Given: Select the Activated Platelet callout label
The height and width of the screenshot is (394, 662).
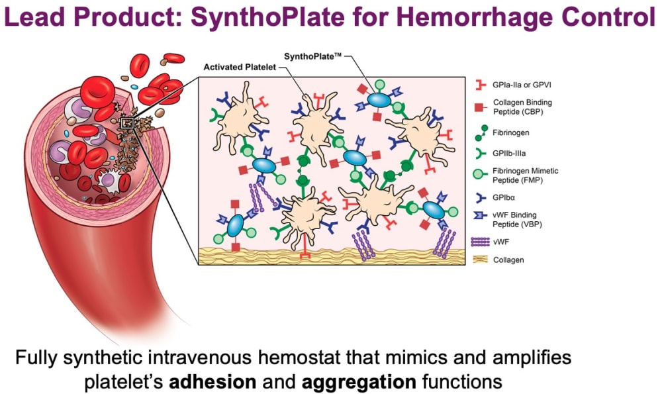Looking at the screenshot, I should [235, 66].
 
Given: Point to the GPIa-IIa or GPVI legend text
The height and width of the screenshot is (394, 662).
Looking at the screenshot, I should [524, 85].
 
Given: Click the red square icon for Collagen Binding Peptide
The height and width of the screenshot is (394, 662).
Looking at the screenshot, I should [478, 107].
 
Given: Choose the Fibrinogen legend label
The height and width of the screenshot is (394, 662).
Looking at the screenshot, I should [510, 132].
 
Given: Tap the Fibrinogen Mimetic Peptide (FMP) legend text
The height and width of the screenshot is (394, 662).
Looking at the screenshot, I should [526, 175].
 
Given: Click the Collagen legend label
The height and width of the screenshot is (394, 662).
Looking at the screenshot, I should [508, 260].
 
